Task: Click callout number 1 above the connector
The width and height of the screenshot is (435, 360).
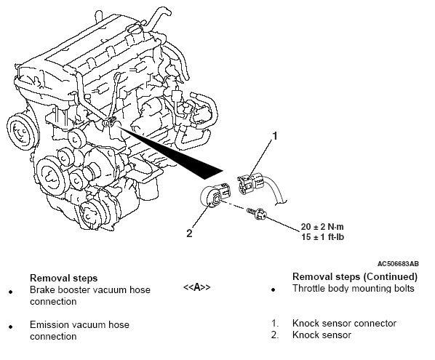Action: pyautogui.click(x=275, y=137)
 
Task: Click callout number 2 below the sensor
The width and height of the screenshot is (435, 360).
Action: pyautogui.click(x=189, y=233)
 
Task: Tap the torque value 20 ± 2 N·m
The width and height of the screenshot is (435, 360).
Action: pyautogui.click(x=322, y=227)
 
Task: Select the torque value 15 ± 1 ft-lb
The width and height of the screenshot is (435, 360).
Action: pyautogui.click(x=323, y=237)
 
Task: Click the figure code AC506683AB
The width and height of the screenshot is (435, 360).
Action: pyautogui.click(x=398, y=263)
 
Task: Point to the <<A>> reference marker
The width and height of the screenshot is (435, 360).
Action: pyautogui.click(x=197, y=287)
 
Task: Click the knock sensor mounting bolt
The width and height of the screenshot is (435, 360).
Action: pyautogui.click(x=257, y=214)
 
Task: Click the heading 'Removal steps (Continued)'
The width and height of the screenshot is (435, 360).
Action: pyautogui.click(x=355, y=277)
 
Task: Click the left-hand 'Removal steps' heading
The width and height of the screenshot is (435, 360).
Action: pyautogui.click(x=63, y=278)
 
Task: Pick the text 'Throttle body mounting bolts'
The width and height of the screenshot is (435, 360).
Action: pyautogui.click(x=353, y=289)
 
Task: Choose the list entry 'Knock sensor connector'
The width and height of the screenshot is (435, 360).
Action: pyautogui.click(x=344, y=324)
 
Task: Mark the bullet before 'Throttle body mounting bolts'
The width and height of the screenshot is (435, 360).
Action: pyautogui.click(x=274, y=290)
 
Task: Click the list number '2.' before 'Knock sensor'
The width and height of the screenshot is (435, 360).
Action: pyautogui.click(x=275, y=335)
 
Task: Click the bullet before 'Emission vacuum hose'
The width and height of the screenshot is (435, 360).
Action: pyautogui.click(x=10, y=327)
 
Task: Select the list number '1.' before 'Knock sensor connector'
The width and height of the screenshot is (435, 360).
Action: pyautogui.click(x=275, y=324)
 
